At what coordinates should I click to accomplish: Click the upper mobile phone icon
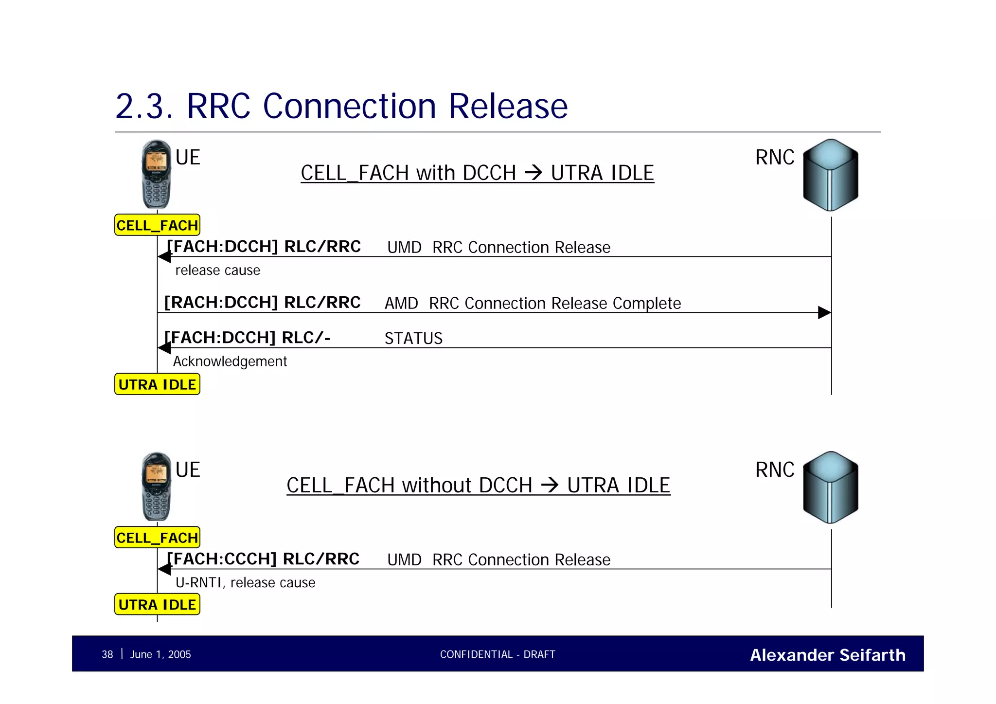click(157, 174)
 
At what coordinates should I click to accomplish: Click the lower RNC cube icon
click(831, 487)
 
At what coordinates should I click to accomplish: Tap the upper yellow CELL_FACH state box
click(157, 225)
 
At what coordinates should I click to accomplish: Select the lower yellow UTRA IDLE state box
click(157, 605)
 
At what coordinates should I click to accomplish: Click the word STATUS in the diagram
click(413, 339)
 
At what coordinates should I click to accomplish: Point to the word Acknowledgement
click(230, 361)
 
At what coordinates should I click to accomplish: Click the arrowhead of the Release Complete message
click(824, 312)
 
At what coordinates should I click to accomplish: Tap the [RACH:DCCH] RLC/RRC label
click(262, 302)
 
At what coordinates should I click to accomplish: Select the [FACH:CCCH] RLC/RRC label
click(263, 559)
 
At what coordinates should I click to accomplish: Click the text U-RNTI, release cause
click(245, 582)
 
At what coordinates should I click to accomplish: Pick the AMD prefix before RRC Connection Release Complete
click(401, 304)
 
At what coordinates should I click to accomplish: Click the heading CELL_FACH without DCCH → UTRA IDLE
click(478, 485)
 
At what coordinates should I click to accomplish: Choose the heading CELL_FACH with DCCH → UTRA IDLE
click(477, 173)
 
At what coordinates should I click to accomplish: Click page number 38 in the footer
click(107, 654)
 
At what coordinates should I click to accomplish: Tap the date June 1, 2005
click(160, 654)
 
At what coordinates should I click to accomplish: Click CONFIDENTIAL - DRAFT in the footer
click(498, 654)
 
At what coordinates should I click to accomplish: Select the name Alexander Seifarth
click(827, 655)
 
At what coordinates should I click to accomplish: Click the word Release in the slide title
click(508, 106)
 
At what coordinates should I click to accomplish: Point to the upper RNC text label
click(775, 157)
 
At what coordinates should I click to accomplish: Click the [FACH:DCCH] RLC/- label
click(247, 337)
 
